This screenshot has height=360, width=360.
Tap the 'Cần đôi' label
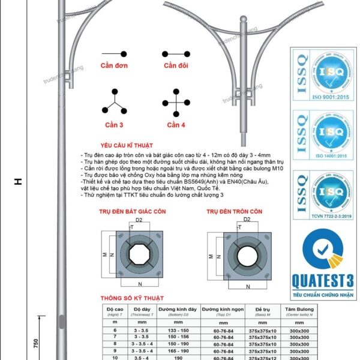[174, 65]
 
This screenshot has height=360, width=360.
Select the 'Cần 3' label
[113, 125]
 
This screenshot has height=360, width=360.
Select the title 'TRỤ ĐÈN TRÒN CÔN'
[234, 212]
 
